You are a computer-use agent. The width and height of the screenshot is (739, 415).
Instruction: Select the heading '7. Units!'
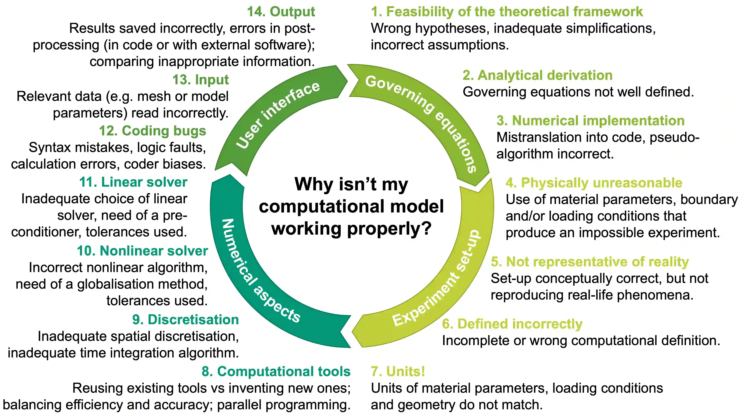(398, 371)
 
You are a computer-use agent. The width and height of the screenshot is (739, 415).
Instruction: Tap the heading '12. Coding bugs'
(153, 131)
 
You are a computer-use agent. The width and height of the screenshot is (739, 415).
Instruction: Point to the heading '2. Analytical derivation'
(537, 75)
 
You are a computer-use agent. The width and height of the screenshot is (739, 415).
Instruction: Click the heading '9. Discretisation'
(185, 320)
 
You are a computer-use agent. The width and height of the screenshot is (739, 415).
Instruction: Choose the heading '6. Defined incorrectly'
(512, 324)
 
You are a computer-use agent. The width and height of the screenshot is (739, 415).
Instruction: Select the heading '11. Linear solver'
(133, 182)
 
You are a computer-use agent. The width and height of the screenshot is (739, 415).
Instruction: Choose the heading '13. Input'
(200, 80)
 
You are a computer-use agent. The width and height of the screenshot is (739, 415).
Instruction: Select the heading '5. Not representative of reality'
(590, 262)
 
